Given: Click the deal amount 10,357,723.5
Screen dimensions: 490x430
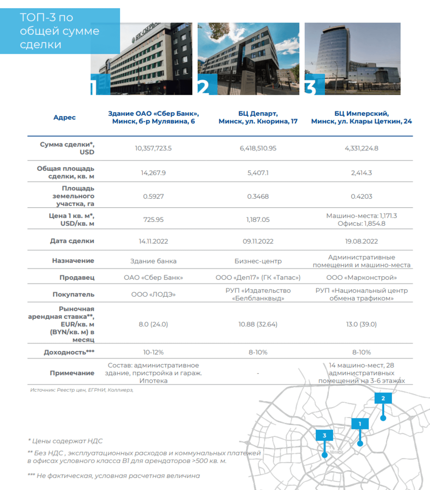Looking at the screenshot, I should (153, 148).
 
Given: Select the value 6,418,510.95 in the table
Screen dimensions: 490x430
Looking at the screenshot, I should (258, 148).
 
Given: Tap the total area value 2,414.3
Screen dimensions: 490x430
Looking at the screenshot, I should (361, 173).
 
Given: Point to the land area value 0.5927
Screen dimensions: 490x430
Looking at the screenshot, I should (153, 196).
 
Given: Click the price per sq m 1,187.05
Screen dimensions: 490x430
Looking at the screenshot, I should (258, 219).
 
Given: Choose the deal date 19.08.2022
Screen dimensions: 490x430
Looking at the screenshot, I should (361, 241).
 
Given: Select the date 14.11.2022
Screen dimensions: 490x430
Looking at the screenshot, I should (153, 241).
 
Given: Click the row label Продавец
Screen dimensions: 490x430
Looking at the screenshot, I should (77, 278).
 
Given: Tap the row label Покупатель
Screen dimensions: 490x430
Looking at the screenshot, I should (73, 294).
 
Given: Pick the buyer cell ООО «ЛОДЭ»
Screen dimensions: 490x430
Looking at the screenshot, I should (153, 294).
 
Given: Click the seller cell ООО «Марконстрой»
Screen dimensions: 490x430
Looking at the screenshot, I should (361, 278).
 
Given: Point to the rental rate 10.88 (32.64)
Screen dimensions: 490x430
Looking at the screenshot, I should (258, 324).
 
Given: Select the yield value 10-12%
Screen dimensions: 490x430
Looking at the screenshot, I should (153, 352).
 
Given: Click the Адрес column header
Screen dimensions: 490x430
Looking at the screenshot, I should (64, 117).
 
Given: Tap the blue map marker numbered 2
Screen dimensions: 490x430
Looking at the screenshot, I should (383, 399).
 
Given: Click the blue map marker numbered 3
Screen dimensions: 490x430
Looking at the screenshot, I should (324, 436).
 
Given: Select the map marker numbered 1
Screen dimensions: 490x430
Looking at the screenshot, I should (360, 424).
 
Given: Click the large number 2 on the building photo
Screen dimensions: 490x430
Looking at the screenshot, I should (204, 87).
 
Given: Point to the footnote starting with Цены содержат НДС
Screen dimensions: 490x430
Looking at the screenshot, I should (65, 441).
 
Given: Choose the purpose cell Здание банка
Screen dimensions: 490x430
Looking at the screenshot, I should (153, 261).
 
